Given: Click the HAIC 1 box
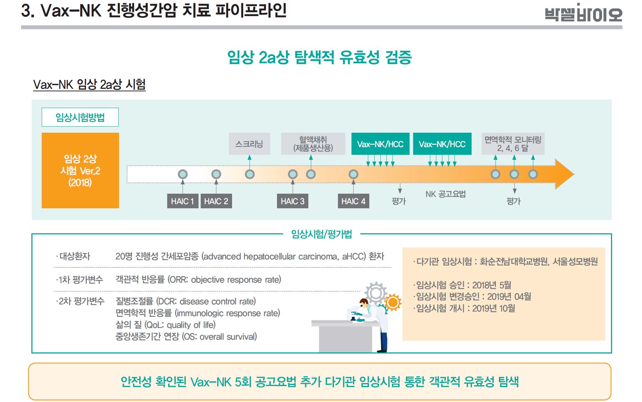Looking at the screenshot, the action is [183, 201].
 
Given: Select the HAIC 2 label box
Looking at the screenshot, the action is [216, 201].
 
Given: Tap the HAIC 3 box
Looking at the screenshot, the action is [292, 201].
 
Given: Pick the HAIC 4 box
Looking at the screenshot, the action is [353, 201].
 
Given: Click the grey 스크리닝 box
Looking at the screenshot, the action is [249, 144].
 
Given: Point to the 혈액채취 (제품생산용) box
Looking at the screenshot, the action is [313, 144].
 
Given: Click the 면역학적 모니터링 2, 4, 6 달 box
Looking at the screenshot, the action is [513, 144].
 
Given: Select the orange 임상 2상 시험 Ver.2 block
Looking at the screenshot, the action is [80, 171].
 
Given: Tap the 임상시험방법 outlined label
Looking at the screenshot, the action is [80, 117].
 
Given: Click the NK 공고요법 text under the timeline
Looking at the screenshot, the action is [446, 194].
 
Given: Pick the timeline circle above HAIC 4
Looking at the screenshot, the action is [353, 174].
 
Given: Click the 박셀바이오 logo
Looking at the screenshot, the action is [583, 14].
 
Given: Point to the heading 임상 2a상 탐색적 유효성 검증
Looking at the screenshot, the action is [319, 57].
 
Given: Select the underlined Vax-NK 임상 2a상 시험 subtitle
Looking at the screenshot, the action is [89, 85].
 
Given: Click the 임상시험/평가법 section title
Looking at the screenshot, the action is [322, 234].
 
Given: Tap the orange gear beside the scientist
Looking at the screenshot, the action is [393, 302].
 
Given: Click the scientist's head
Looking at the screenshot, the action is [364, 303].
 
